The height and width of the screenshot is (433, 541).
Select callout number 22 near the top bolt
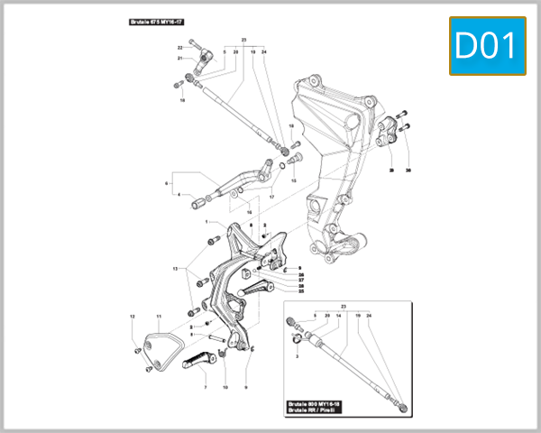coord(179,46)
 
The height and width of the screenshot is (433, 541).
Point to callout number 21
coord(179,59)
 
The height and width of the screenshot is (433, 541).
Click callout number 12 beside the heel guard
coord(132,317)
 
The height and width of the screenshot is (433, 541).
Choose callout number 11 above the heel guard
coord(158,317)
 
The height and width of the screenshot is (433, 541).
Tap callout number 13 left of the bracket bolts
coord(175,269)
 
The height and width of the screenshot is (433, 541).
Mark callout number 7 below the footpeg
coord(205,387)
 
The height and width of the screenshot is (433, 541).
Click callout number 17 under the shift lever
coord(271,198)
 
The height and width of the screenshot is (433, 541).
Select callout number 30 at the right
coord(408,170)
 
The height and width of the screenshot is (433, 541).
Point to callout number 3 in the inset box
coord(297,357)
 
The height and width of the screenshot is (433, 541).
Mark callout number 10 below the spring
coord(225,387)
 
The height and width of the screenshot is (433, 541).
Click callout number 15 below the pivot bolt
coord(293,180)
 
